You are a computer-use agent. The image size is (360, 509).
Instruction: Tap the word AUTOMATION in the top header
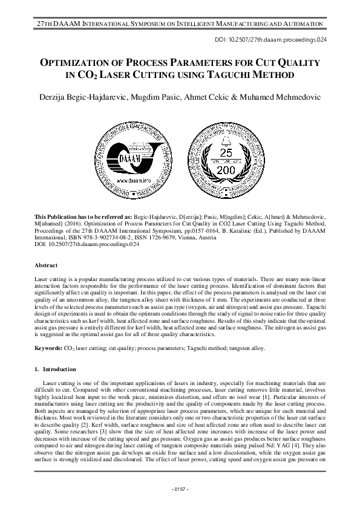(297, 23)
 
